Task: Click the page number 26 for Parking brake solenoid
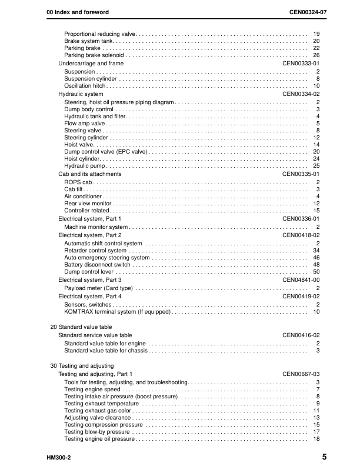(x=316, y=55)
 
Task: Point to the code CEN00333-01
(x=301, y=64)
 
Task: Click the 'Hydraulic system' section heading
(x=81, y=94)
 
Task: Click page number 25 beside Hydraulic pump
(x=316, y=167)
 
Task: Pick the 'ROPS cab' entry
(x=76, y=182)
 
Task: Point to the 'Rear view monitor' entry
(x=87, y=204)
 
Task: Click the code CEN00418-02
(x=301, y=235)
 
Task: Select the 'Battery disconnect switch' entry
(x=97, y=265)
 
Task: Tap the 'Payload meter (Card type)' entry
(x=98, y=288)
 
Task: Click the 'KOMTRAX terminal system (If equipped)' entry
(x=117, y=312)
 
